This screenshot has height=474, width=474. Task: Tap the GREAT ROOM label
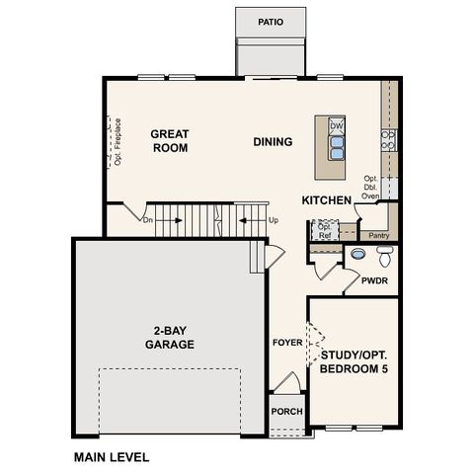tap(170, 140)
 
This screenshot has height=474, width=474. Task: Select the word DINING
tap(273, 141)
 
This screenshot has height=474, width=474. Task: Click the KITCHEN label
tap(327, 200)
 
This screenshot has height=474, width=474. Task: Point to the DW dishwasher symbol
tap(337, 126)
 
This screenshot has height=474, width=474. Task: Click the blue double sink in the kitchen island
tap(337, 147)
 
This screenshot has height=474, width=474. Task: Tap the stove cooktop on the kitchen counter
tap(389, 139)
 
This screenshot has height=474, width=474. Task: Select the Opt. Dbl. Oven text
tap(371, 188)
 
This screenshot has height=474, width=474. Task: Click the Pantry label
tap(378, 236)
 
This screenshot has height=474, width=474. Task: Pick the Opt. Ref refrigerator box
tap(324, 231)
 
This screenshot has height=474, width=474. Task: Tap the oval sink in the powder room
tap(357, 254)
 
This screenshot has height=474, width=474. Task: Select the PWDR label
tap(374, 281)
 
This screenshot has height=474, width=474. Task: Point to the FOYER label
tap(287, 343)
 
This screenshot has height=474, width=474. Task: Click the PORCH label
tap(286, 412)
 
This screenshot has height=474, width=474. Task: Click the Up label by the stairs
tap(274, 220)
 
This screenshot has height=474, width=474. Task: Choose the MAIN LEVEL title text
tap(112, 457)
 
